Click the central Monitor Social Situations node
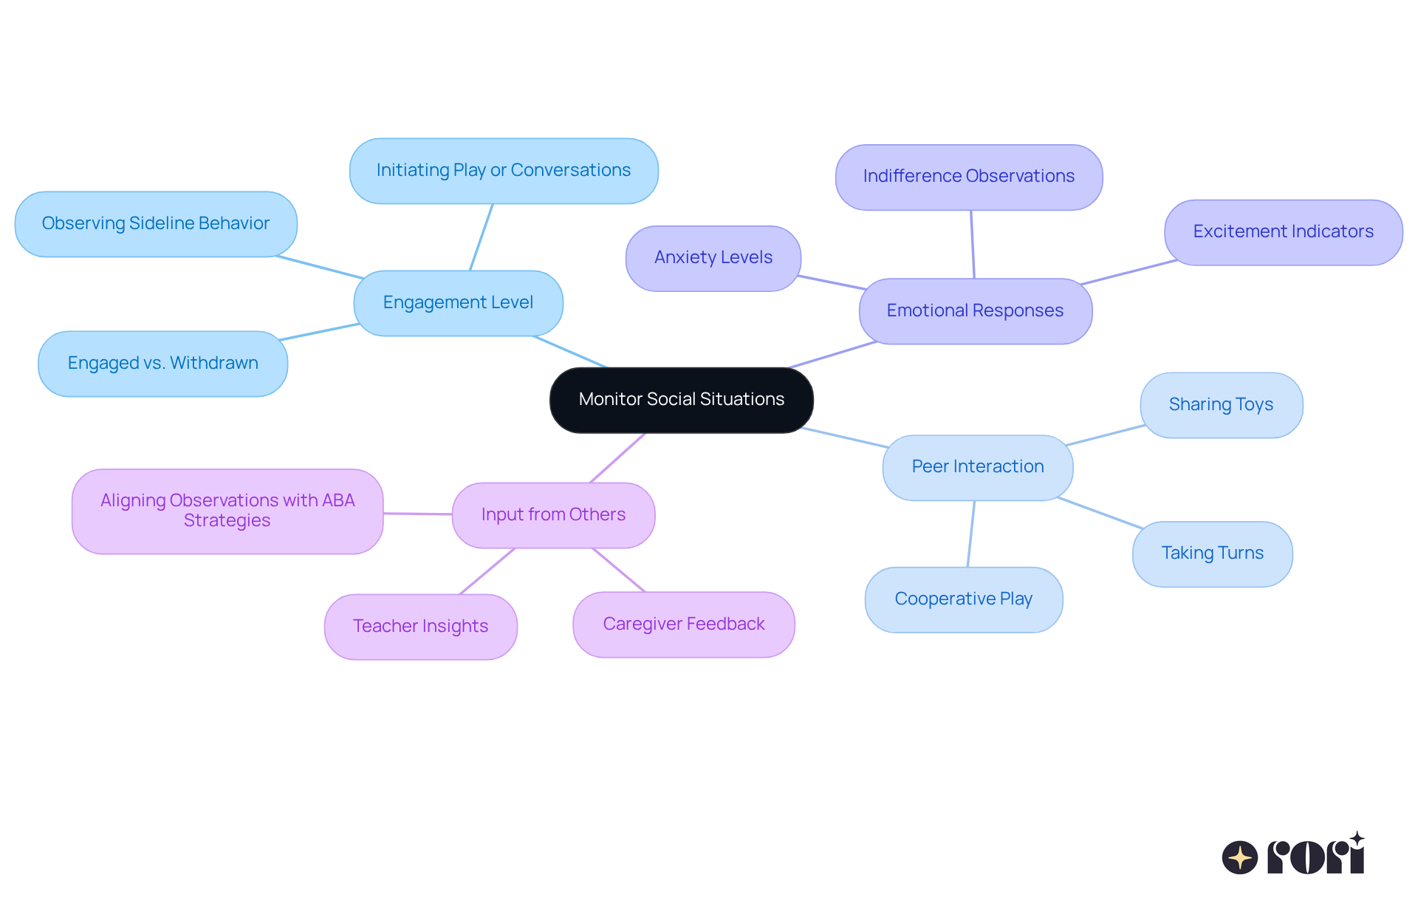pyautogui.click(x=681, y=400)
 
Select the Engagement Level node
pyautogui.click(x=458, y=303)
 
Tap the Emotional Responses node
pyautogui.click(x=975, y=311)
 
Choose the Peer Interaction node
pyautogui.click(x=977, y=467)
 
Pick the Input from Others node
pyautogui.click(x=553, y=515)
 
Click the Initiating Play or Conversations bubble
pyautogui.click(x=504, y=171)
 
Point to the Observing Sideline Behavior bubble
pyautogui.click(x=156, y=224)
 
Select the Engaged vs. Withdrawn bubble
pyautogui.click(x=162, y=364)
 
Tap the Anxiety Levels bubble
pyautogui.click(x=713, y=258)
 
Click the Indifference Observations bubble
pyautogui.click(x=968, y=177)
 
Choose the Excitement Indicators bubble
pyautogui.click(x=1283, y=232)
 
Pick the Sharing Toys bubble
pyautogui.click(x=1221, y=405)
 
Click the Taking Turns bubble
pyautogui.click(x=1212, y=554)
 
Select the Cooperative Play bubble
pyautogui.click(x=963, y=599)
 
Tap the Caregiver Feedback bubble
pyautogui.click(x=683, y=625)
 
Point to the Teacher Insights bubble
pyautogui.click(x=420, y=627)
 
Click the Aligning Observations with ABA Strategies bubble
pyautogui.click(x=227, y=511)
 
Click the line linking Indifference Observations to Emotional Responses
pyautogui.click(x=973, y=244)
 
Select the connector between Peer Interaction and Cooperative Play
pyautogui.click(x=971, y=534)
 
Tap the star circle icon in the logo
pyautogui.click(x=1239, y=857)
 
